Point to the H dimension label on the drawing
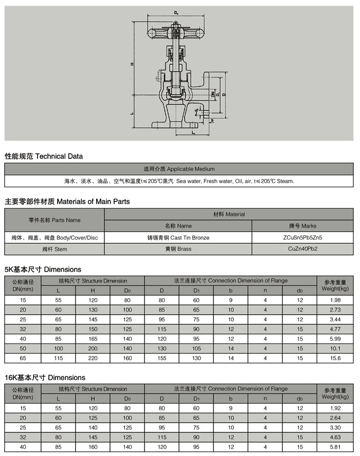(132, 64)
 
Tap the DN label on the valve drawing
(212, 95)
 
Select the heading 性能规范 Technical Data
(44, 156)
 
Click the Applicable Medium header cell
(179, 169)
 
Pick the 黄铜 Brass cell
(178, 249)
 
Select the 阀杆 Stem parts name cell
(55, 249)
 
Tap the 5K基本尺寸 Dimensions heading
(43, 269)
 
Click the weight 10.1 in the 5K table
(335, 349)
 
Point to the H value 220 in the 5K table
(93, 358)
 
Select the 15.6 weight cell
(335, 358)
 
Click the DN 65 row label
(23, 358)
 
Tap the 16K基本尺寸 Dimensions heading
(45, 377)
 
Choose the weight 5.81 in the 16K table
(335, 447)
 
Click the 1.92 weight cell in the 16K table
(335, 408)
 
